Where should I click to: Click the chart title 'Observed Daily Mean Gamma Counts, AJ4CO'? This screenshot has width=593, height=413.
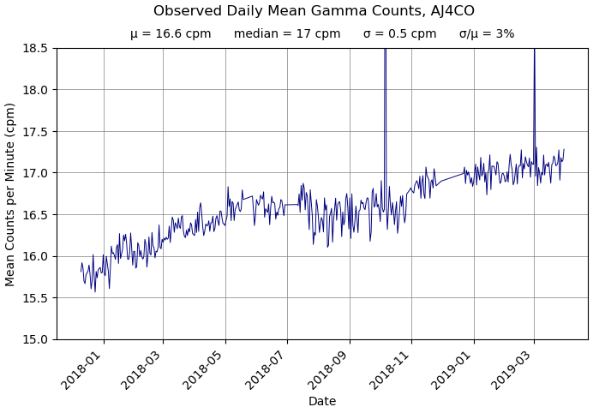coord(314,11)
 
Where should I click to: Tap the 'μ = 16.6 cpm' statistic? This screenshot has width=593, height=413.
coord(171,34)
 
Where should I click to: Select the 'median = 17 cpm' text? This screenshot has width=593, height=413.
coord(287,34)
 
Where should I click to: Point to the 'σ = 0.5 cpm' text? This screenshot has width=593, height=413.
coord(399,34)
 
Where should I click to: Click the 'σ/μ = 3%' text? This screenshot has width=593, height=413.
coord(487,34)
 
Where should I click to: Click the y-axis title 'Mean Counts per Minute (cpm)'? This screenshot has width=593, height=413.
coord(11,194)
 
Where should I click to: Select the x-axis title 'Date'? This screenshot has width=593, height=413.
coord(322,401)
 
